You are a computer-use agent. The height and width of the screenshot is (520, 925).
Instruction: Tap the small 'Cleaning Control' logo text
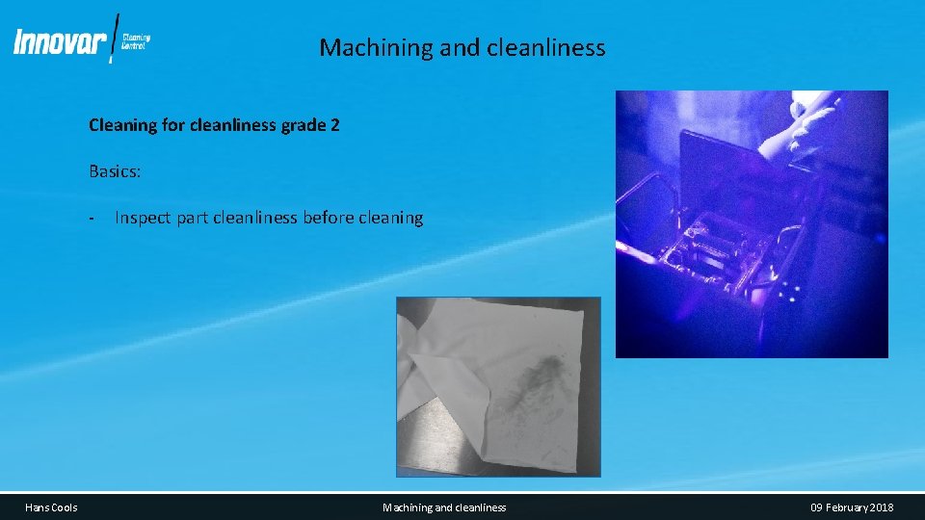click(136, 41)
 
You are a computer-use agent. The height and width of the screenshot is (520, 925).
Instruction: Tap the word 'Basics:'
click(115, 171)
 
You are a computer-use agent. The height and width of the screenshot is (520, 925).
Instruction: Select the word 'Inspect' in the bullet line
click(143, 218)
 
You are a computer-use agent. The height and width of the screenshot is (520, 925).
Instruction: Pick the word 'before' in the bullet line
click(328, 218)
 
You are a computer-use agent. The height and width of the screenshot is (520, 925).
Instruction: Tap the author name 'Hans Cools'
click(51, 507)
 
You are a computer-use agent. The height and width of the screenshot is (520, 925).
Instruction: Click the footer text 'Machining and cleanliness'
click(444, 507)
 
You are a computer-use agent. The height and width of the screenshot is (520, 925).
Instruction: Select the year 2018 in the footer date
click(880, 507)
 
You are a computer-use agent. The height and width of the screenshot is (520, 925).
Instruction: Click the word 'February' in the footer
click(844, 507)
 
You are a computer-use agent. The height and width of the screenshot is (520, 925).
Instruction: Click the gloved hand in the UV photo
click(797, 125)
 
